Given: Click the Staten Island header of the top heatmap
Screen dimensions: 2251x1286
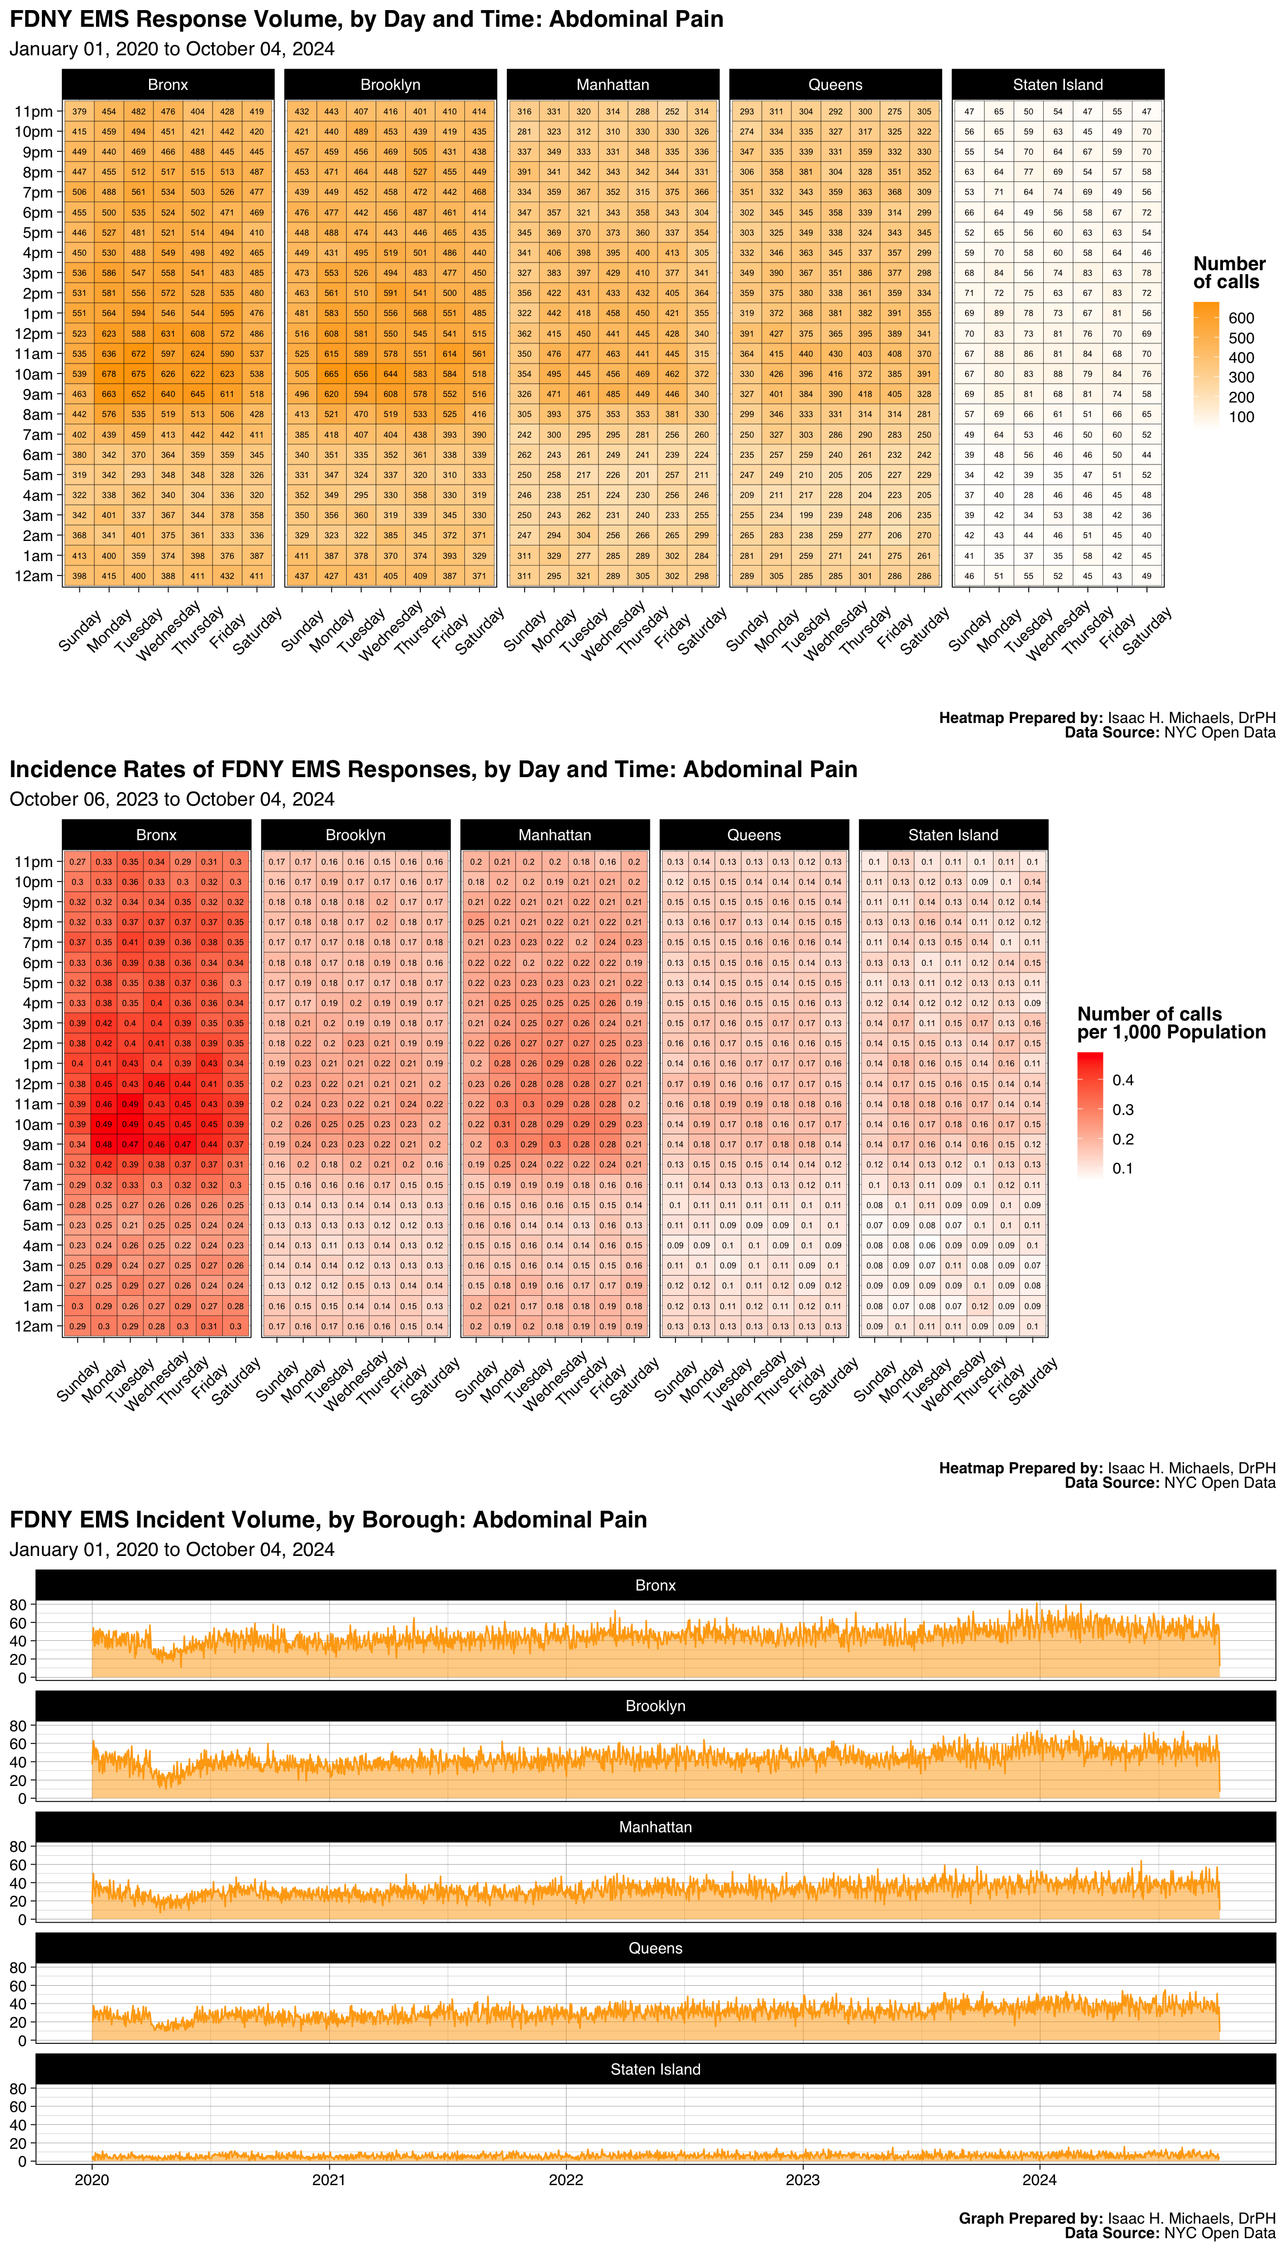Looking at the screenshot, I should (x=1057, y=85).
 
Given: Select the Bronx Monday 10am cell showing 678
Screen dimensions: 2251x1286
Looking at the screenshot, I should (x=109, y=373).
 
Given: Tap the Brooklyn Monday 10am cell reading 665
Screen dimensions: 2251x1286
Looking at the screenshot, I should (x=331, y=373).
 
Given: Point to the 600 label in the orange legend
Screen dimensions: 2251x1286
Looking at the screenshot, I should (x=1241, y=318).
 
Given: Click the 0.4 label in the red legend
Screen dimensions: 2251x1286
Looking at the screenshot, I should (x=1122, y=1080).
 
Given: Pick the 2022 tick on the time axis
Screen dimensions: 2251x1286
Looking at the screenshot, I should (x=565, y=2180).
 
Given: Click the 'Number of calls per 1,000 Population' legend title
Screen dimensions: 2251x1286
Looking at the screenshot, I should (x=1171, y=1023).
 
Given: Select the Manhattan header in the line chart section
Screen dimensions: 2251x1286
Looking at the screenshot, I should (x=655, y=1827).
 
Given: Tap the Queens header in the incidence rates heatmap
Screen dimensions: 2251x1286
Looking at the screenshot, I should (x=754, y=835).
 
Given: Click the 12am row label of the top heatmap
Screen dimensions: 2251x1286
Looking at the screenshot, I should (x=33, y=576).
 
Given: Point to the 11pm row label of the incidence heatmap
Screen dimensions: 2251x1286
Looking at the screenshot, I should (x=33, y=861).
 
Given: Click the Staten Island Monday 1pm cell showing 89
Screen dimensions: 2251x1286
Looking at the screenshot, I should (x=999, y=313).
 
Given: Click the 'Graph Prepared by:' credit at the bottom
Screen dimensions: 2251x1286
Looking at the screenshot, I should (x=1030, y=2218).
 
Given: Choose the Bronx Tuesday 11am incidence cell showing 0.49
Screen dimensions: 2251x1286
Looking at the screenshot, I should (x=130, y=1104).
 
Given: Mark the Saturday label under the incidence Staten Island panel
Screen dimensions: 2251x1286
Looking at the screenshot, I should (x=1033, y=1381).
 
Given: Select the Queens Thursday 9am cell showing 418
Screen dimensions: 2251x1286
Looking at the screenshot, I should (x=865, y=394).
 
